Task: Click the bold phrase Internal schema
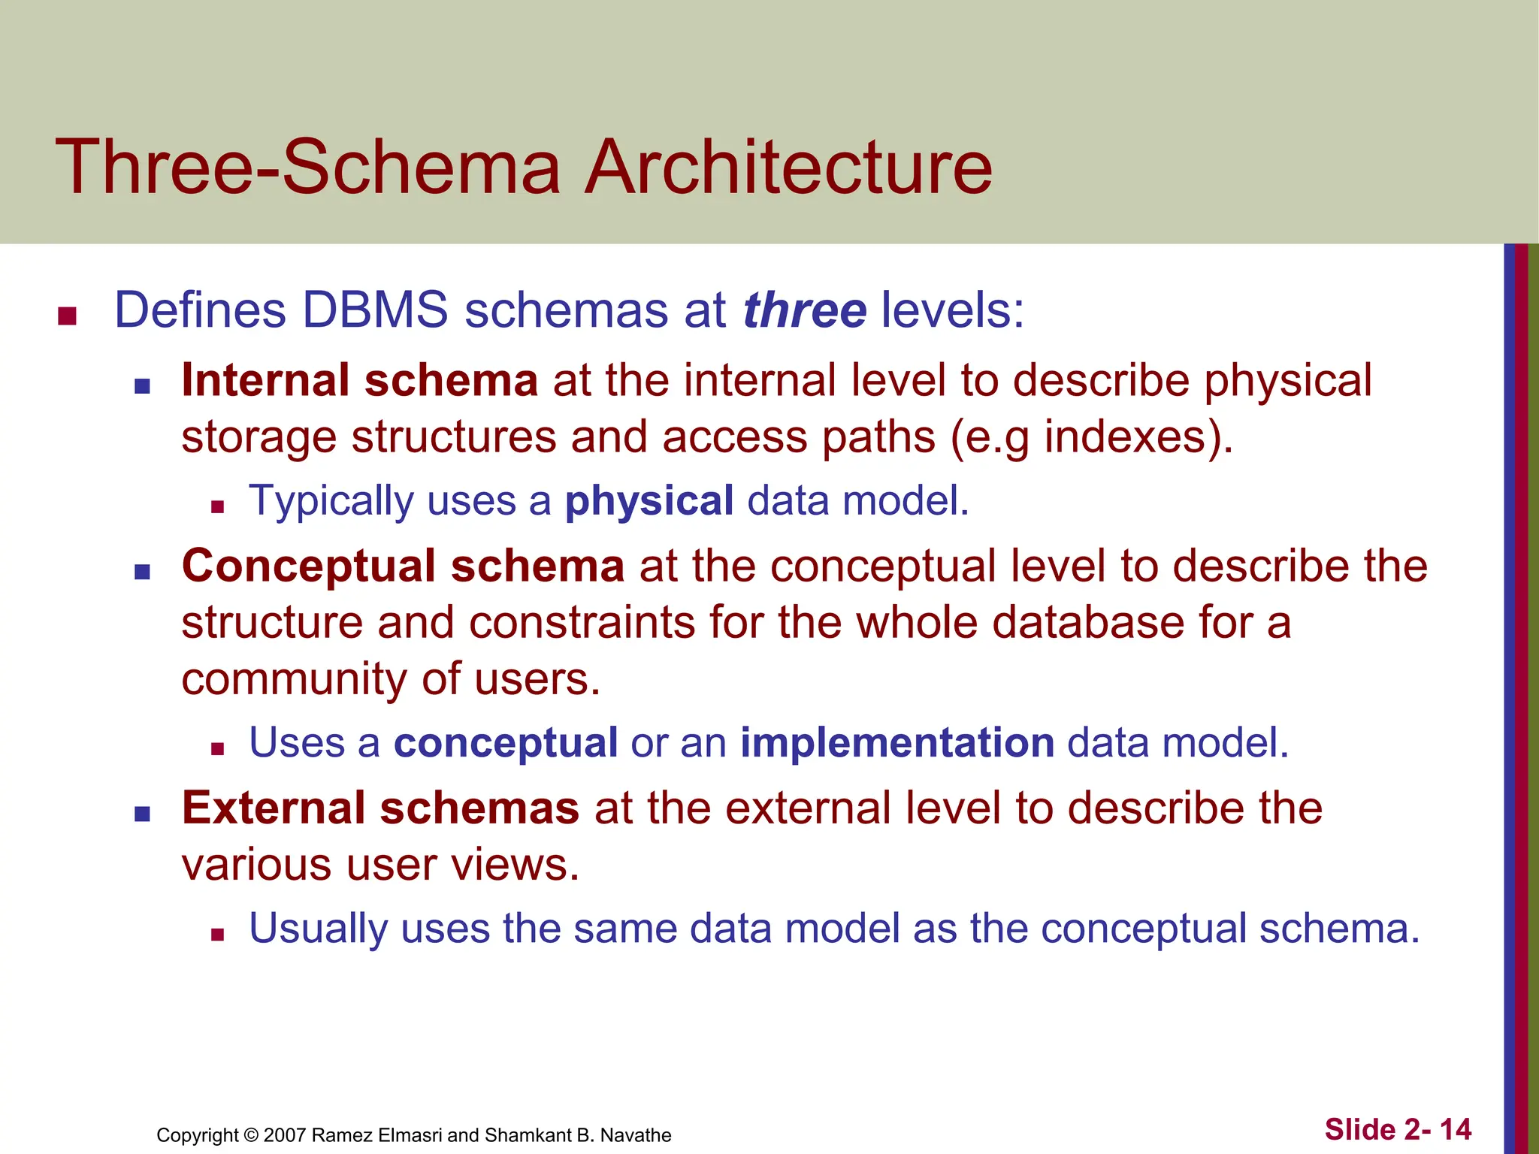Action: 359,380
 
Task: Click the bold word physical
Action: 649,500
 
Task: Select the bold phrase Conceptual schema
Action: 403,566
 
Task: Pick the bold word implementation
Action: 897,743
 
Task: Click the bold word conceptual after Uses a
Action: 506,743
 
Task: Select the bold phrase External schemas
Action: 380,808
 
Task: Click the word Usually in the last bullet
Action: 318,929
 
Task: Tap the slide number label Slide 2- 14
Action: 1398,1129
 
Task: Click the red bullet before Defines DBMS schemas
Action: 68,316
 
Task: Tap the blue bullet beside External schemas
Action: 142,814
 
